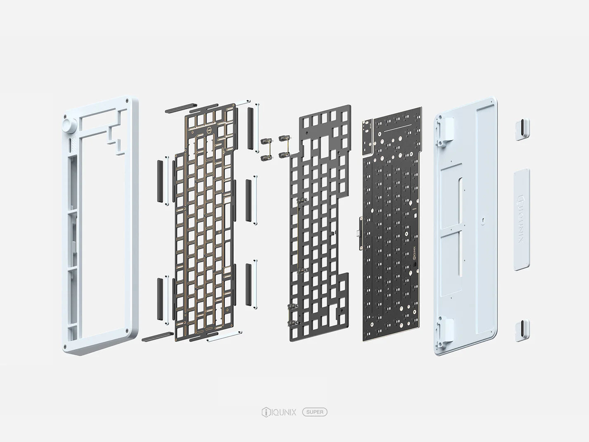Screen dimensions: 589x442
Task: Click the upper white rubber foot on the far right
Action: click(x=522, y=129)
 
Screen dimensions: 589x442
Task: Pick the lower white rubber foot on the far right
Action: click(x=522, y=330)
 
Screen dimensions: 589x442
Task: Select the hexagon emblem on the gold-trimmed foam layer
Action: click(x=209, y=132)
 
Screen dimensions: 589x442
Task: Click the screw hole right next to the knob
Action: click(x=65, y=116)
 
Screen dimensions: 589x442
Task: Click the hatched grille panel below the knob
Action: click(x=73, y=145)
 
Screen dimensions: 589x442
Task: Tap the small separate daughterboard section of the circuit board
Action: click(x=368, y=137)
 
